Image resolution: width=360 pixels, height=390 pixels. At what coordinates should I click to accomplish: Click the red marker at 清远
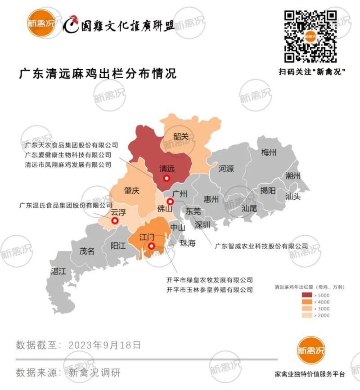(166, 179)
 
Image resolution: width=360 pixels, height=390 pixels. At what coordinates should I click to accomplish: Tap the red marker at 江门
(152, 246)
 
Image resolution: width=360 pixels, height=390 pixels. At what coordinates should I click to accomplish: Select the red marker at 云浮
(115, 221)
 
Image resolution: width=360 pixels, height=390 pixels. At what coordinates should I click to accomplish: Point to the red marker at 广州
(170, 202)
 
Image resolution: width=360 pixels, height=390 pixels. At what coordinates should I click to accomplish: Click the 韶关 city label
(180, 136)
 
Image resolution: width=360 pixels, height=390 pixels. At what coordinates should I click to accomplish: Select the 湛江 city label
(58, 271)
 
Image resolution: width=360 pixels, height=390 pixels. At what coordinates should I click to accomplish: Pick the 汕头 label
(293, 197)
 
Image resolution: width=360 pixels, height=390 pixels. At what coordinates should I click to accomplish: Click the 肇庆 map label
(131, 191)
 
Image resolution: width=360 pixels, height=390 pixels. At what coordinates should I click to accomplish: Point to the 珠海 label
(188, 243)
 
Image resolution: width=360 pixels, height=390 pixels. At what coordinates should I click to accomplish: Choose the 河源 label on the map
(226, 169)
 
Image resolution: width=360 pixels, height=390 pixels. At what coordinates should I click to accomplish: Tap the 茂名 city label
(87, 251)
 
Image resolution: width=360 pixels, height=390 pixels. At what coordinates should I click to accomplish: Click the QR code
(310, 36)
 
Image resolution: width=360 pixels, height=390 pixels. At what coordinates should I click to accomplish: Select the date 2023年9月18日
(105, 345)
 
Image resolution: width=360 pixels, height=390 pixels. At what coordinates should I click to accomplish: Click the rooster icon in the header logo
(71, 25)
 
